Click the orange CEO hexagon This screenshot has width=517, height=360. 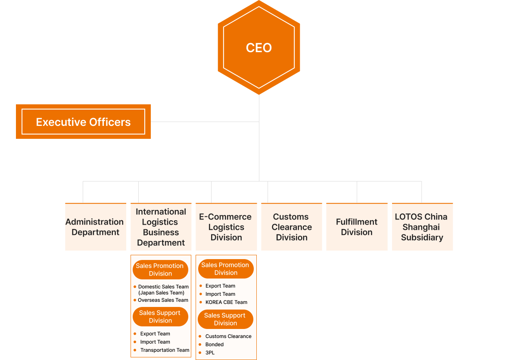click(258, 47)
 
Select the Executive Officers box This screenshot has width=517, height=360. click(83, 122)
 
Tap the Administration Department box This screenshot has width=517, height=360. click(95, 227)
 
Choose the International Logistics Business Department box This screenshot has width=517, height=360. click(161, 227)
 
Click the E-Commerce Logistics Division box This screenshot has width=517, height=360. click(226, 227)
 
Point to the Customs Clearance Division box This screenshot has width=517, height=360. click(292, 227)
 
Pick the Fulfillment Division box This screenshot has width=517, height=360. click(357, 227)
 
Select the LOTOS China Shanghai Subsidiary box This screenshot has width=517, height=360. click(422, 227)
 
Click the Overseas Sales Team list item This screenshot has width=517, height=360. click(163, 300)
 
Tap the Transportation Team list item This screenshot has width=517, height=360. click(165, 350)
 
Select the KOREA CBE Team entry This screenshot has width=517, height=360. click(226, 302)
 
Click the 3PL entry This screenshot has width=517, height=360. click(210, 353)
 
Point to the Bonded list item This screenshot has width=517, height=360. click(215, 344)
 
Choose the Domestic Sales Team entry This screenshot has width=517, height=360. click(163, 287)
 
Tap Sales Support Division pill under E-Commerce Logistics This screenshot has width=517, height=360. click(225, 319)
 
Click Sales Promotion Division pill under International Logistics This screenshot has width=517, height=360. click(160, 270)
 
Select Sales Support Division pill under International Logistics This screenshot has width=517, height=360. click(160, 317)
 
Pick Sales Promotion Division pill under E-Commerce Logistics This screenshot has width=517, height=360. click(226, 269)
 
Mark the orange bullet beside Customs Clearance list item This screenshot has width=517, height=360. click(200, 336)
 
